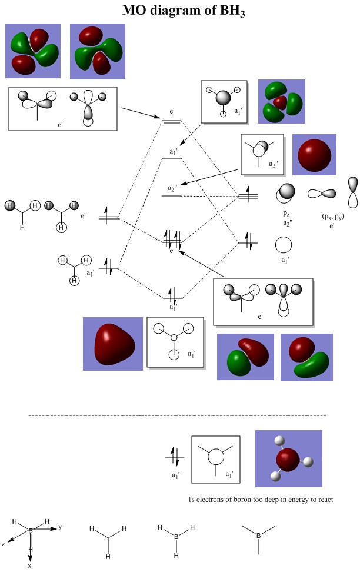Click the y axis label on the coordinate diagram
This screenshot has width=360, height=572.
click(60, 527)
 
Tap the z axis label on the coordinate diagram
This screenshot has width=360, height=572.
click(4, 544)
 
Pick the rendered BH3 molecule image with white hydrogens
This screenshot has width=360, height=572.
click(288, 458)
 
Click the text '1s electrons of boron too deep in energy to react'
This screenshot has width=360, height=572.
click(258, 499)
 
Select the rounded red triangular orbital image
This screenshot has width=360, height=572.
click(113, 344)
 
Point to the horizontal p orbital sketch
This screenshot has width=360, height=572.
click(324, 193)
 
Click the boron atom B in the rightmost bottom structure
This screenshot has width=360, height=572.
click(258, 536)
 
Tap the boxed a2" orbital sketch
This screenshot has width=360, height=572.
click(262, 154)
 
